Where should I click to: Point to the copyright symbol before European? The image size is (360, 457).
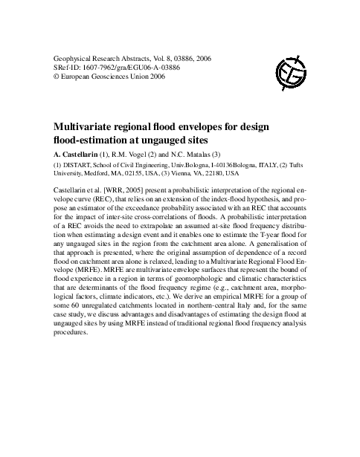[49, 76]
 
